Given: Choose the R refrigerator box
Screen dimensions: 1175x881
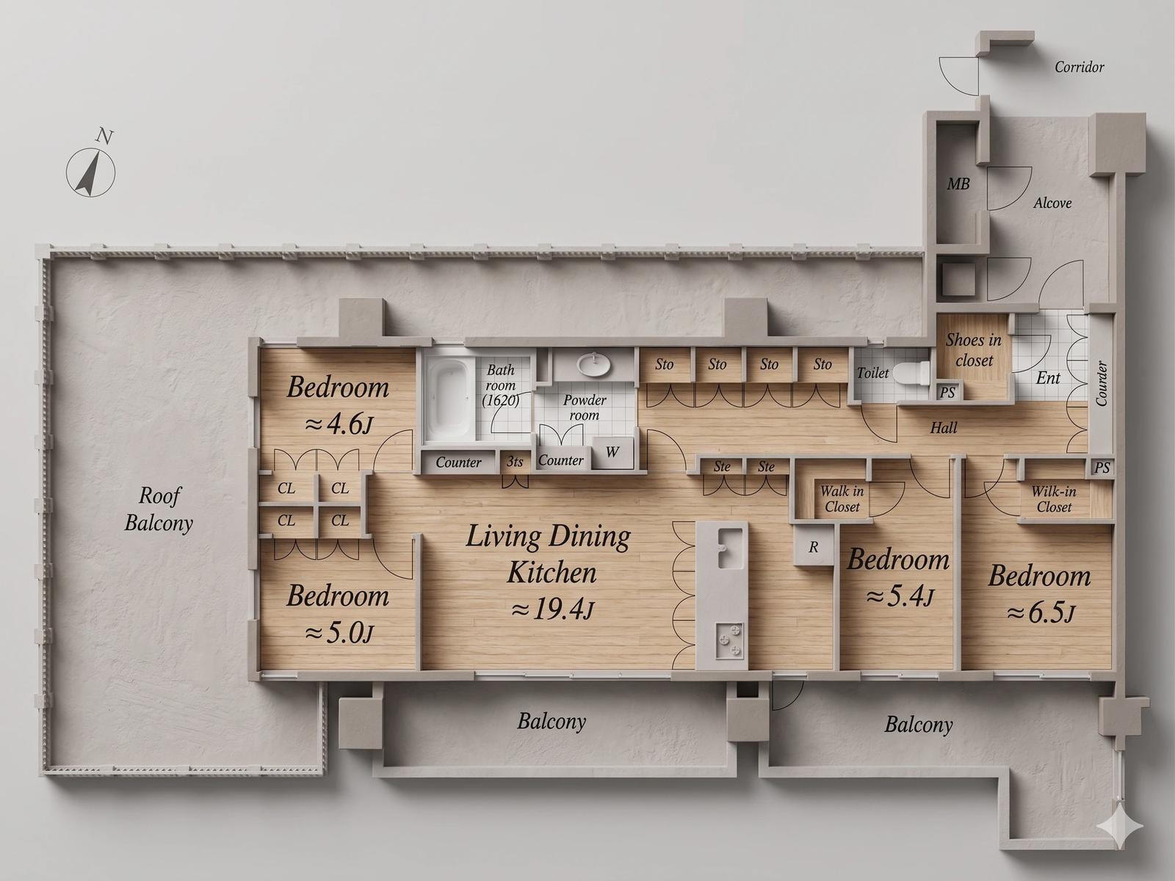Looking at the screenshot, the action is pyautogui.click(x=813, y=547).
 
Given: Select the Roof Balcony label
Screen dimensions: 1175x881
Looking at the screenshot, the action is pyautogui.click(x=159, y=510).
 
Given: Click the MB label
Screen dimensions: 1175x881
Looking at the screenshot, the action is pyautogui.click(x=958, y=184).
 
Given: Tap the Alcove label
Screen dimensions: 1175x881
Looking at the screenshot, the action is pyautogui.click(x=1052, y=203).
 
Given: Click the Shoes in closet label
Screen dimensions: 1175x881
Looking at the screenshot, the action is pyautogui.click(x=974, y=350).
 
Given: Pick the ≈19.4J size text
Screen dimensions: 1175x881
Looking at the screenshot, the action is pyautogui.click(x=552, y=609).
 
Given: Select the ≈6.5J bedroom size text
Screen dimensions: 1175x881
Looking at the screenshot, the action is pyautogui.click(x=1040, y=614).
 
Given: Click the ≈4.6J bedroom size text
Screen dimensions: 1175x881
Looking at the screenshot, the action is pyautogui.click(x=339, y=424).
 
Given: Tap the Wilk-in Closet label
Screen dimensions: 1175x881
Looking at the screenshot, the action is pyautogui.click(x=1054, y=498).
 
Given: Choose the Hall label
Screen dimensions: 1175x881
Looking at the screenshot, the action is pyautogui.click(x=943, y=427).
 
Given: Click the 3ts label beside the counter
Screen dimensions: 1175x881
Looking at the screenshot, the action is pyautogui.click(x=515, y=461).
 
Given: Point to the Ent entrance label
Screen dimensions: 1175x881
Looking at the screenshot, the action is pyautogui.click(x=1048, y=378).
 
